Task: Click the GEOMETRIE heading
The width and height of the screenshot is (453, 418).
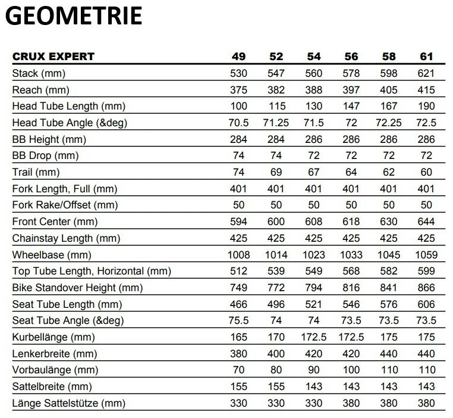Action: point(74,16)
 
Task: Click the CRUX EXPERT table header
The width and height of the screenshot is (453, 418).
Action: point(54,57)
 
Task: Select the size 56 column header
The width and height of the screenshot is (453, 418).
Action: point(351,57)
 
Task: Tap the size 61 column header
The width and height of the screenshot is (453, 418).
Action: point(426,57)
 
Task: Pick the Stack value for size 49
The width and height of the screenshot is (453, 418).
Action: point(238,74)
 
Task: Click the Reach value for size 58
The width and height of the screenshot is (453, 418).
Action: point(389,90)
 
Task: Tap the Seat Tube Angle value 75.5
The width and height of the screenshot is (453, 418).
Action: point(238,321)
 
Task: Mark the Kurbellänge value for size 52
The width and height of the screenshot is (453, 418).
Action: point(276,338)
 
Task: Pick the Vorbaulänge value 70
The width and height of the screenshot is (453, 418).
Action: point(238,370)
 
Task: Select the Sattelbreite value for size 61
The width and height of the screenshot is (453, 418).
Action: point(426,387)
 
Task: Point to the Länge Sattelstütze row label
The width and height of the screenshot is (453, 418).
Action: point(68,404)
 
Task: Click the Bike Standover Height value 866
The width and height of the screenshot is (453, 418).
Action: point(426,288)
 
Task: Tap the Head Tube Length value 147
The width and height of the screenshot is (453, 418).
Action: point(351,107)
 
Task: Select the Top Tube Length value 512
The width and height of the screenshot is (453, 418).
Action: point(238,272)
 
